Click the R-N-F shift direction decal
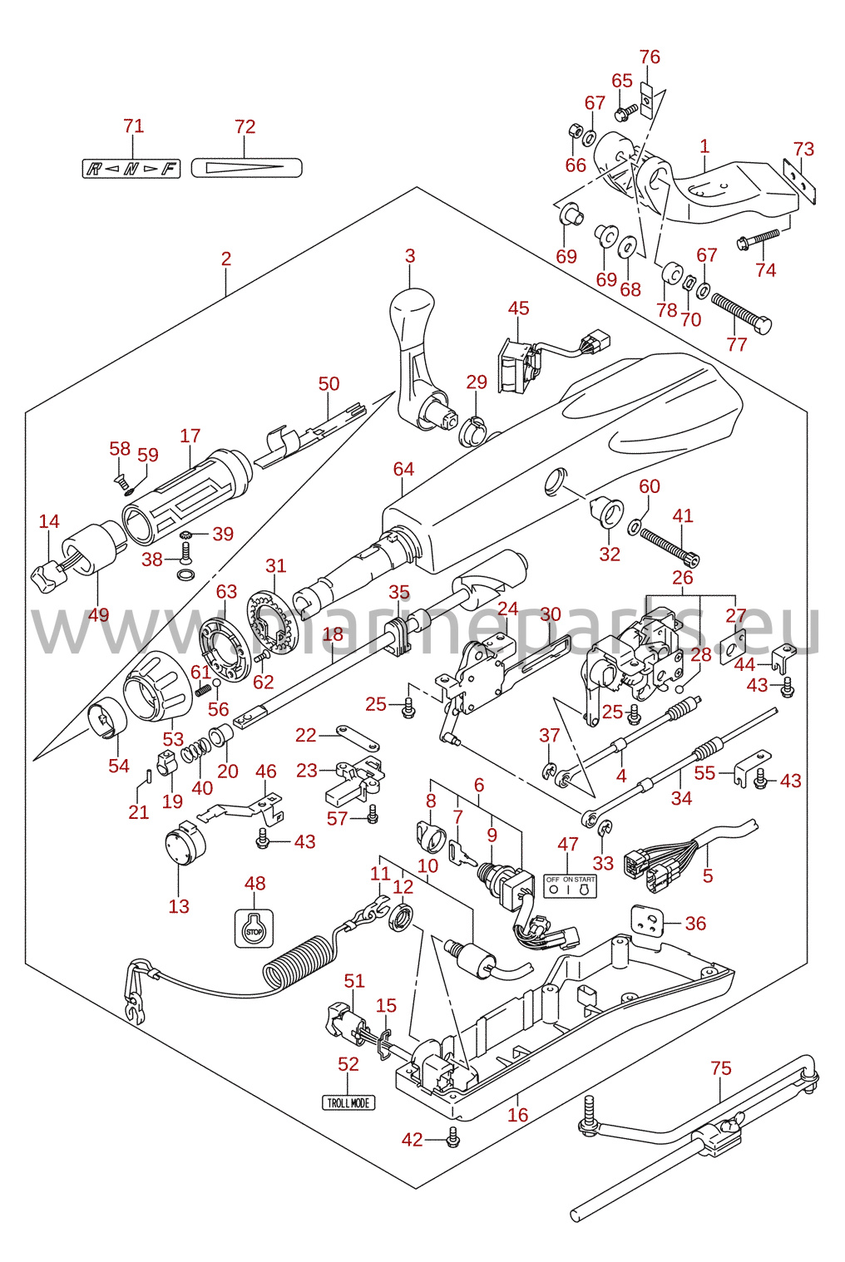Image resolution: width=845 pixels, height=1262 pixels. [x=131, y=169]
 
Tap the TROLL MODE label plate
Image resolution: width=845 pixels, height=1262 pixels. [x=348, y=1102]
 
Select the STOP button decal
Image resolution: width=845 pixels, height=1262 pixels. [x=254, y=929]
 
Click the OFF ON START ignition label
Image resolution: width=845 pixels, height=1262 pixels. [x=570, y=885]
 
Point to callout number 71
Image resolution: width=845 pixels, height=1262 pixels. [x=134, y=126]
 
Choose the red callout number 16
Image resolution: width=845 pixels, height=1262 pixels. [x=518, y=1114]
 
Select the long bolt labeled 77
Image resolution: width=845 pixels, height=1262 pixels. [x=741, y=313]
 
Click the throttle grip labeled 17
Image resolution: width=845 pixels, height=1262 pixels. [x=186, y=495]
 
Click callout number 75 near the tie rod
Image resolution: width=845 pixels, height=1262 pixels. [x=721, y=1067]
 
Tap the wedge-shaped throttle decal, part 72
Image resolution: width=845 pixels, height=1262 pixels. [x=246, y=168]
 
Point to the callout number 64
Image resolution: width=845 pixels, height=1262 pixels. [x=403, y=469]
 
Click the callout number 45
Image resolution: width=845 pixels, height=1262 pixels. [x=519, y=308]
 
